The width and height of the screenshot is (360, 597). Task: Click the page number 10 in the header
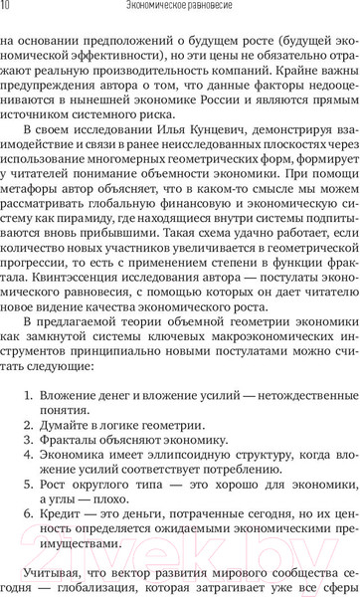pos(7,8)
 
